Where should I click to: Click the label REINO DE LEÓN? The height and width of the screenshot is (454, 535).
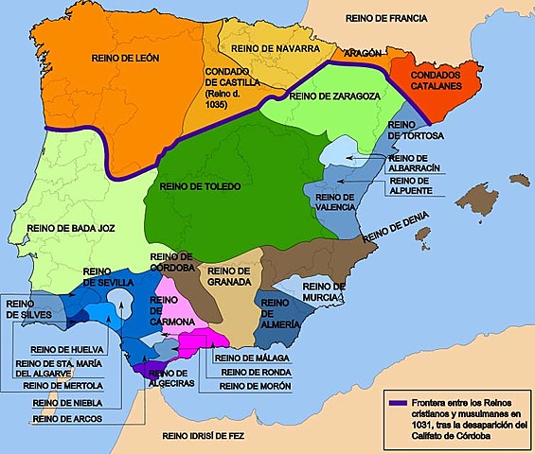click(x=125, y=59)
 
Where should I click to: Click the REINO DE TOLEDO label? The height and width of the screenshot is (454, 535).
click(x=202, y=186)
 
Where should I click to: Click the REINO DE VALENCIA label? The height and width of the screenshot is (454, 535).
click(x=335, y=201)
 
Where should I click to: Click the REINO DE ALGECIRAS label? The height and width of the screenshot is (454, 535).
click(x=171, y=376)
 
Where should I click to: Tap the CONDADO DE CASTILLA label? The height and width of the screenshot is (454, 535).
click(x=231, y=82)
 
